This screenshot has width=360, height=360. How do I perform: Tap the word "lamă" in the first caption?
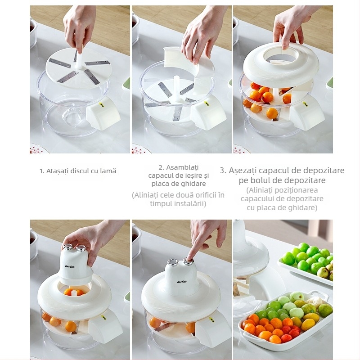coord(108,171)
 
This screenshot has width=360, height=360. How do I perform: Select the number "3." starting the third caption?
coord(223,171)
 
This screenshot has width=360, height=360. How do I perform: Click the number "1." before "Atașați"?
coord(42,171)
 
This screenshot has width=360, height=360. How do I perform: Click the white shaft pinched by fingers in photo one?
coord(79,61)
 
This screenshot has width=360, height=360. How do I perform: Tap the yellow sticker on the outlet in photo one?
coord(101,104)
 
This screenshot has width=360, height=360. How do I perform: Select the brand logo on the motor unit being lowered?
coord(70,266)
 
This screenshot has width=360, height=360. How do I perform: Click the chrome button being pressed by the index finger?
coord(188,261)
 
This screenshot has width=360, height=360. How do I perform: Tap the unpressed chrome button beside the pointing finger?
coord(173,262)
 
